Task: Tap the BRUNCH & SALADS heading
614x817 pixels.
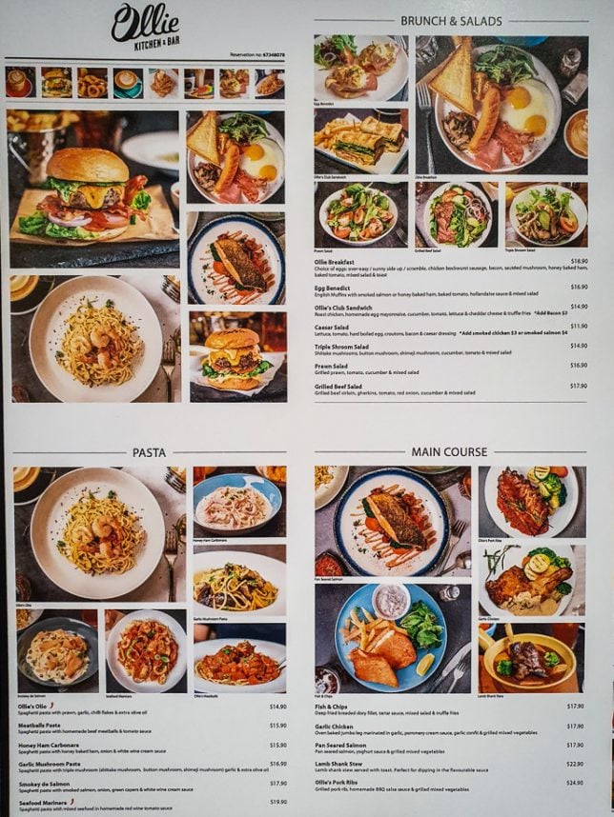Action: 451,20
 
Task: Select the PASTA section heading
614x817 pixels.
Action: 150,452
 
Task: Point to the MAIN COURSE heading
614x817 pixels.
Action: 449,451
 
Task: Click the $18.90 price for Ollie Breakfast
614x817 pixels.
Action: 578,261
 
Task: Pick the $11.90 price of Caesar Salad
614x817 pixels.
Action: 578,327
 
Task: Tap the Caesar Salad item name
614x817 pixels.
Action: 332,327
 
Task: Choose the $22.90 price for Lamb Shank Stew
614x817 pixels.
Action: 575,764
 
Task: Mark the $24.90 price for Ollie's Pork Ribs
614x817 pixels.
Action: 575,783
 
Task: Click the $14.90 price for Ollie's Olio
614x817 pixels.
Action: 277,707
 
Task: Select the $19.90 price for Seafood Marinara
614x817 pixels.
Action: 277,802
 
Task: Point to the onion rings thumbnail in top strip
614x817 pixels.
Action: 92,84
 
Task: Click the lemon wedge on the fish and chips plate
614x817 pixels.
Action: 425,663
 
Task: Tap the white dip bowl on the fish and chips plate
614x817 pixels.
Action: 391,601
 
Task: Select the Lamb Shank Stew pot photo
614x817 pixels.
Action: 530,659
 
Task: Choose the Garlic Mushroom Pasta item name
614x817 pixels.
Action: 55,764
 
